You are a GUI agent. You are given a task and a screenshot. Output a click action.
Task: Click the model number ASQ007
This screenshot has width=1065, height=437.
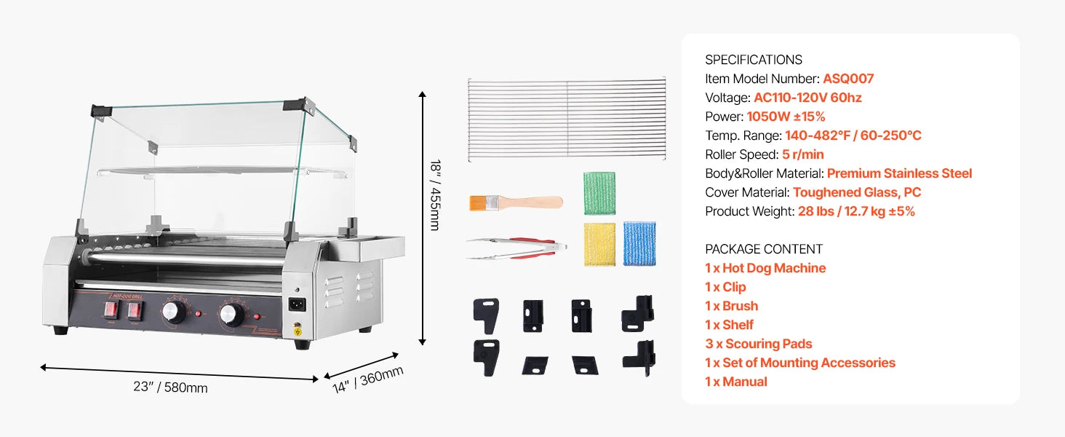point(848,79)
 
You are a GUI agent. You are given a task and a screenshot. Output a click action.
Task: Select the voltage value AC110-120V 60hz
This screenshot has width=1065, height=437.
point(807,98)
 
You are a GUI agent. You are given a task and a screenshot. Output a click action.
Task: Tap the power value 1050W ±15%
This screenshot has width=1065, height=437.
point(786,117)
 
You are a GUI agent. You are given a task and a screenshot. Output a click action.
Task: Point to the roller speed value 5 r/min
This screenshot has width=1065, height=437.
point(803,154)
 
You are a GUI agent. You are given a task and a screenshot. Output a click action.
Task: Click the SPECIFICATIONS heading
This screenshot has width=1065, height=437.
point(754,60)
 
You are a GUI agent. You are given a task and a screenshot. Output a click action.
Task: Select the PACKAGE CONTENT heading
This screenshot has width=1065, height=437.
point(764,249)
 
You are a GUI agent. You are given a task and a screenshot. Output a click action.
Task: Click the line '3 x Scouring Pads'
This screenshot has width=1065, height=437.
point(758,344)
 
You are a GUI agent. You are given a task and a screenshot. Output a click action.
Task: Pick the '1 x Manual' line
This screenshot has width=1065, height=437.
point(736,382)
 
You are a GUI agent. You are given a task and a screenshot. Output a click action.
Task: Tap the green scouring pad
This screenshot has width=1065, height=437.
point(599,193)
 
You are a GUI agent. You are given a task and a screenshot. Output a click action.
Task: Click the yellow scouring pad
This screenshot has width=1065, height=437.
point(599,244)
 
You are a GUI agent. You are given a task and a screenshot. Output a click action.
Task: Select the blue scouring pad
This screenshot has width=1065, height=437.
point(639,244)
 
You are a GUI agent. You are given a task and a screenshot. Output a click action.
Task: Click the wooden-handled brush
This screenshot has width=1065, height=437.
point(516,202)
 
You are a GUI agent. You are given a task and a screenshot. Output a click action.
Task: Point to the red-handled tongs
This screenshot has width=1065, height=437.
point(516,248)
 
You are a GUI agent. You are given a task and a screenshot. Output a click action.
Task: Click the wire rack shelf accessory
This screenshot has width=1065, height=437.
point(567,119)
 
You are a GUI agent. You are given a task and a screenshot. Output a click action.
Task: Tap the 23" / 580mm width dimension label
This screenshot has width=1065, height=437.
point(170,387)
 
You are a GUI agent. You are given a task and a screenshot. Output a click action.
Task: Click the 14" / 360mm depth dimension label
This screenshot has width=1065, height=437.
point(367,380)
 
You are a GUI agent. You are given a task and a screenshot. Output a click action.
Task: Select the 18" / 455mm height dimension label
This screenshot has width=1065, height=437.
point(436,195)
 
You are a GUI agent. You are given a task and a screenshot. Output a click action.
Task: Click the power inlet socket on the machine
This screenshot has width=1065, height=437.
point(297,304)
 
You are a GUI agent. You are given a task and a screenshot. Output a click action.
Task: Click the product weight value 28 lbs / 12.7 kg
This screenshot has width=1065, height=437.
point(856,211)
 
